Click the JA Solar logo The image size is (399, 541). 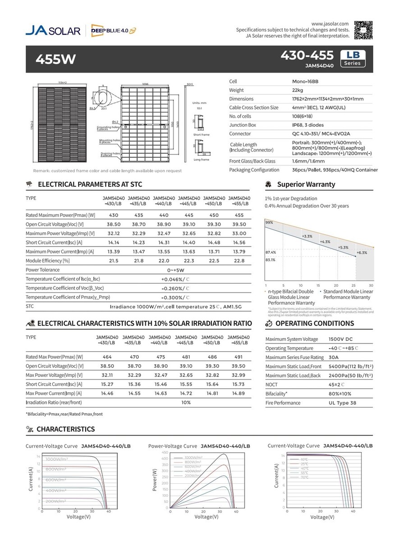coord(53,31)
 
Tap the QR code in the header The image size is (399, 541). coord(364,30)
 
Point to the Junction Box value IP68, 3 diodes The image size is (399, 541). coord(302,125)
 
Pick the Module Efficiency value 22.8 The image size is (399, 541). coord(239,261)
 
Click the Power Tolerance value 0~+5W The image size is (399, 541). coord(176,270)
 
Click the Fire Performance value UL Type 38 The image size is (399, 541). coord(343,403)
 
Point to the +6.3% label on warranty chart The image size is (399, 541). coord(362,253)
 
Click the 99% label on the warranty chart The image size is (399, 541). coord(269,223)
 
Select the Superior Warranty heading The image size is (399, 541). coord(306,184)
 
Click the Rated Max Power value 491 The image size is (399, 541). coord(238,357)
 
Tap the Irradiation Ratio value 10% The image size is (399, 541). coord(186,402)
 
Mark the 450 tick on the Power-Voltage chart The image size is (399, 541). coord(165,452)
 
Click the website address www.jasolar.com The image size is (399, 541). coord(330,23)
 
